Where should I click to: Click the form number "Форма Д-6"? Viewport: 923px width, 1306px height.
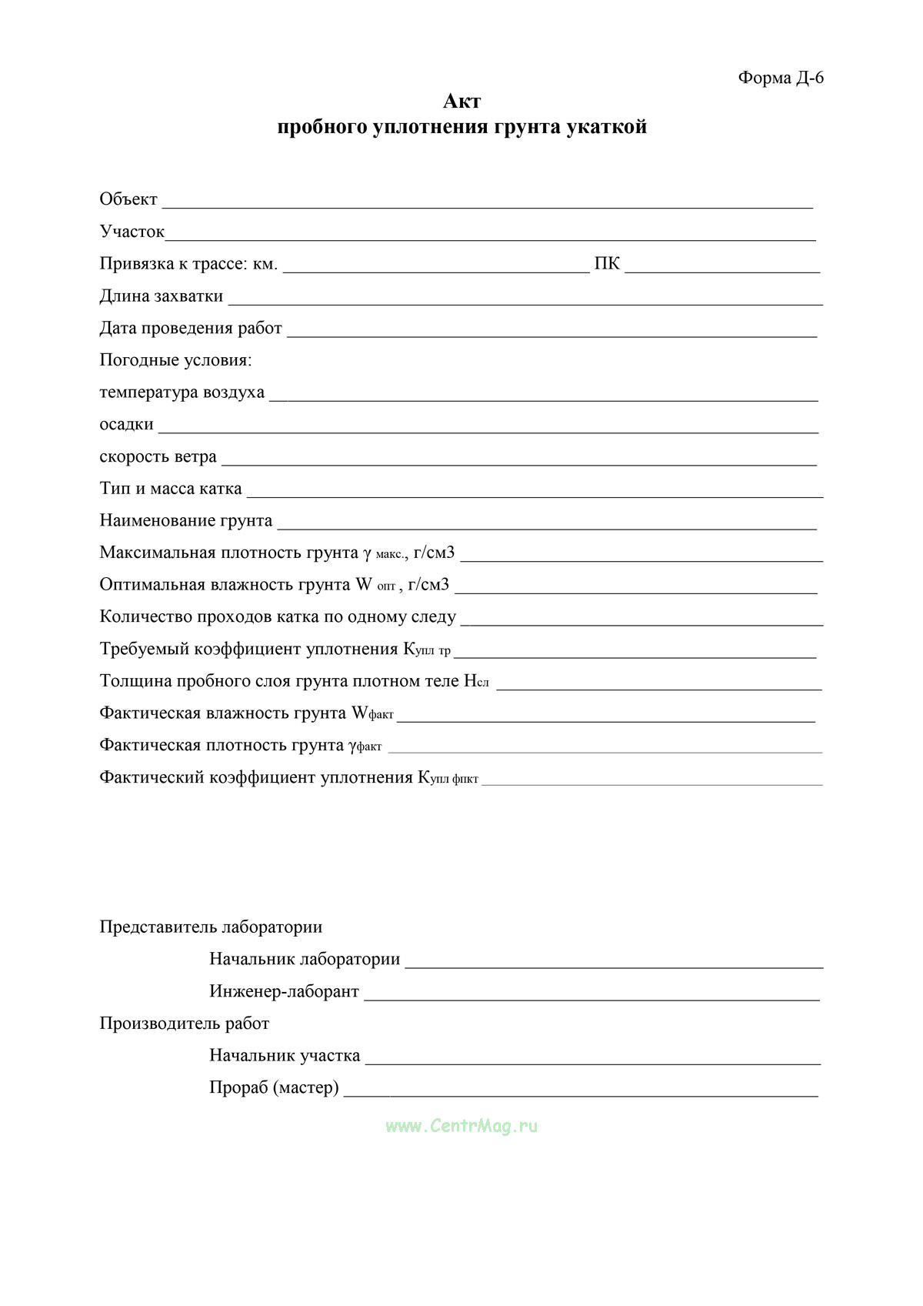click(x=781, y=78)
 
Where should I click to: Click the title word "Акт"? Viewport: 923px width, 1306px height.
click(x=461, y=102)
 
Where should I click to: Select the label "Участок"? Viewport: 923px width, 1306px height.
click(x=132, y=232)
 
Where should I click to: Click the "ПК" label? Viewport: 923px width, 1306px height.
click(x=607, y=264)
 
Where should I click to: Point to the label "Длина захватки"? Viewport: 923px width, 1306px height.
click(x=162, y=296)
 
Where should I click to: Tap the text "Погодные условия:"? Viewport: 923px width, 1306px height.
click(x=175, y=360)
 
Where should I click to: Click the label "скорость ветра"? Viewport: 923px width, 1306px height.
click(x=158, y=457)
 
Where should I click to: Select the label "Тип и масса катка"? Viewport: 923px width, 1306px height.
click(x=170, y=489)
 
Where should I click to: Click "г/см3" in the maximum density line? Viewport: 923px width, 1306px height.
click(x=434, y=553)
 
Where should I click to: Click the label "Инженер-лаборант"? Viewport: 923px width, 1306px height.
click(x=284, y=991)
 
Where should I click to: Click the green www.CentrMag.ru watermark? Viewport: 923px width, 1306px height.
click(x=461, y=1126)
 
